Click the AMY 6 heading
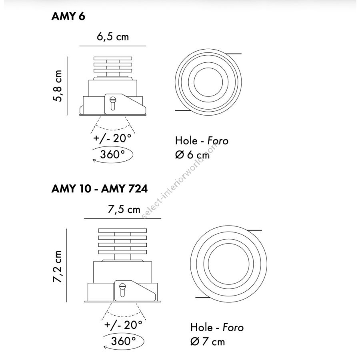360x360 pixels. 68,16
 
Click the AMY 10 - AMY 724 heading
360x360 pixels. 100,189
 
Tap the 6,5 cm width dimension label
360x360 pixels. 113,37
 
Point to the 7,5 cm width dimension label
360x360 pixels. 124,209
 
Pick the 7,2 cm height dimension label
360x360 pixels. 57,266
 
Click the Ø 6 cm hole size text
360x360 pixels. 192,155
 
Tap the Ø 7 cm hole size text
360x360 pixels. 208,342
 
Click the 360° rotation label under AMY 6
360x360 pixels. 112,154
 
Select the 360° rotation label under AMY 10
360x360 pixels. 123,341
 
